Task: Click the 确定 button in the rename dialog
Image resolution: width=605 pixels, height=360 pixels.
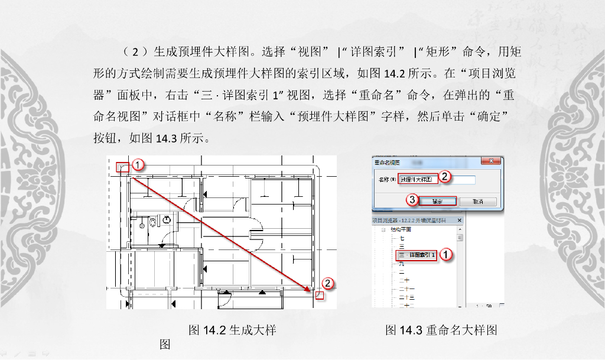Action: coord(438,202)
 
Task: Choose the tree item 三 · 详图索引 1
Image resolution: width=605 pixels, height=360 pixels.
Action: coord(417,255)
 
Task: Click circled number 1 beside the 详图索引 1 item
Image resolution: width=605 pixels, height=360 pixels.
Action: coord(447,254)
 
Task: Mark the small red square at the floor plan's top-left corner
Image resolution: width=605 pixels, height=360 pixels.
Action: coord(122,167)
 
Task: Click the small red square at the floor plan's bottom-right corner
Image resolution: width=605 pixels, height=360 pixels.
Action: coord(320,294)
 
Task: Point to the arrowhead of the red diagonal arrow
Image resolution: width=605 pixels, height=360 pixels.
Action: coord(309,290)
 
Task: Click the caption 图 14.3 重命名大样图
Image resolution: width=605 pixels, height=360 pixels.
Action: coord(441,330)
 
